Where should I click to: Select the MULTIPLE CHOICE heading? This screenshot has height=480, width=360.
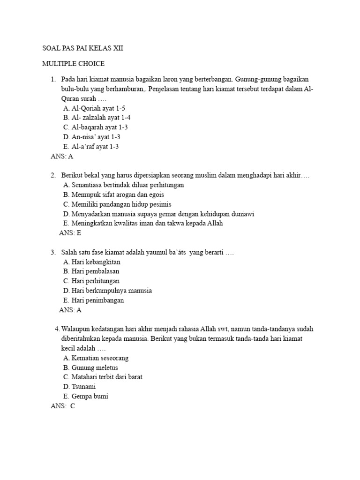[x=73, y=63]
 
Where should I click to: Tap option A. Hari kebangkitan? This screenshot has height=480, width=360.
[x=91, y=262]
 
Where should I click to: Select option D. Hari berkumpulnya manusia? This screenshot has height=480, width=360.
[x=107, y=291]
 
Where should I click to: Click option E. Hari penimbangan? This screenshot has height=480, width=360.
[x=93, y=300]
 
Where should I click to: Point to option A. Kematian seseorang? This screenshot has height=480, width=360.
[x=96, y=358]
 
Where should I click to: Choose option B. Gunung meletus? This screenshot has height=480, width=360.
[x=90, y=367]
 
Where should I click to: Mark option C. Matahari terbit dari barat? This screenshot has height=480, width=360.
[x=103, y=377]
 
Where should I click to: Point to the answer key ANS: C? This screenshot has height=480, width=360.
[x=63, y=406]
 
